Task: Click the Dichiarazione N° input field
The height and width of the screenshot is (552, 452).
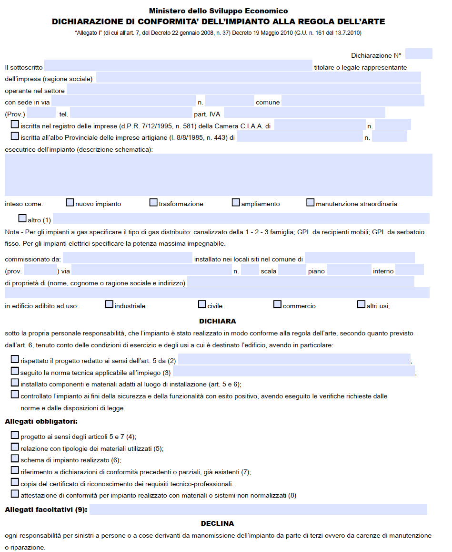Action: click(419, 54)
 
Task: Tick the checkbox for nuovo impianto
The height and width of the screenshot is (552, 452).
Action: click(70, 203)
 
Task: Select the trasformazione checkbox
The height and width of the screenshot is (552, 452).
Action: click(153, 203)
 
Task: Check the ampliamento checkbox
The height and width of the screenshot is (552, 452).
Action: click(236, 203)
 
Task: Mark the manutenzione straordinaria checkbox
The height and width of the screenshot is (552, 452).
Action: click(311, 203)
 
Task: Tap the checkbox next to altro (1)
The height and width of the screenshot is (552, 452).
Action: click(22, 219)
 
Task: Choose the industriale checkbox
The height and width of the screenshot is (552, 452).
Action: click(109, 304)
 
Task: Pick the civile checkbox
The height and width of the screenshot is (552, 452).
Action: click(202, 304)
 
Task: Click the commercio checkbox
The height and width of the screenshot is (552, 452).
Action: click(277, 304)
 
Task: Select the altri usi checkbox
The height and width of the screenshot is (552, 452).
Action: click(361, 304)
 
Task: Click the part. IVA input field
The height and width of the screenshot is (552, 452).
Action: click(304, 113)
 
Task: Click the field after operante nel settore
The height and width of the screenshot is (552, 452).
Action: click(243, 89)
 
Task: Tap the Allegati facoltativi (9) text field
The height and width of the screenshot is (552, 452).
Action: click(258, 509)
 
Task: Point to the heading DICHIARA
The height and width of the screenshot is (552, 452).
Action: click(217, 321)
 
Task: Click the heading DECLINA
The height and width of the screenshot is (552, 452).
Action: click(217, 523)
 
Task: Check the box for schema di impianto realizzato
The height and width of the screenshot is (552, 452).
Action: click(15, 459)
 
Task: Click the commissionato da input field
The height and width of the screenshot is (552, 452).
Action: click(127, 258)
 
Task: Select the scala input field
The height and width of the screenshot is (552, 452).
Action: click(291, 270)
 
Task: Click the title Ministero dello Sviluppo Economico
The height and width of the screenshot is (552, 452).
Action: click(218, 10)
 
